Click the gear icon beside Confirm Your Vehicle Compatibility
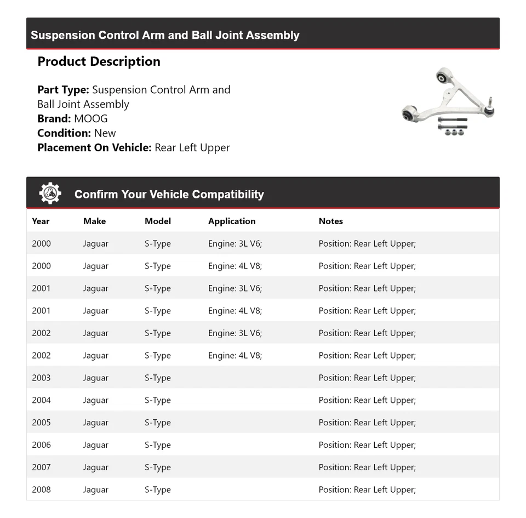pos(50,193)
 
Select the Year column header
pos(41,221)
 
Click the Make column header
pos(94,221)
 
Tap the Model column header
pos(158,221)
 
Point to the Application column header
pos(232,221)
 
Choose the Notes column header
pos(330,221)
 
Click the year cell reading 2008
pos(41,489)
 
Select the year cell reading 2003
pos(41,378)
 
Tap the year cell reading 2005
pos(41,423)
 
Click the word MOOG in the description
pos(90,118)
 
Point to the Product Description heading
pos(99,61)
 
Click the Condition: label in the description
pos(64,133)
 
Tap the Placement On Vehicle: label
pos(94,147)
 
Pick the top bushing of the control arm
pos(443,76)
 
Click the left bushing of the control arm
pos(409,114)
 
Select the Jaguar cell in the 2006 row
pos(96,445)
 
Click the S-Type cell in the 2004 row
pos(158,400)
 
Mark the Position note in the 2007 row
pos(367,468)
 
